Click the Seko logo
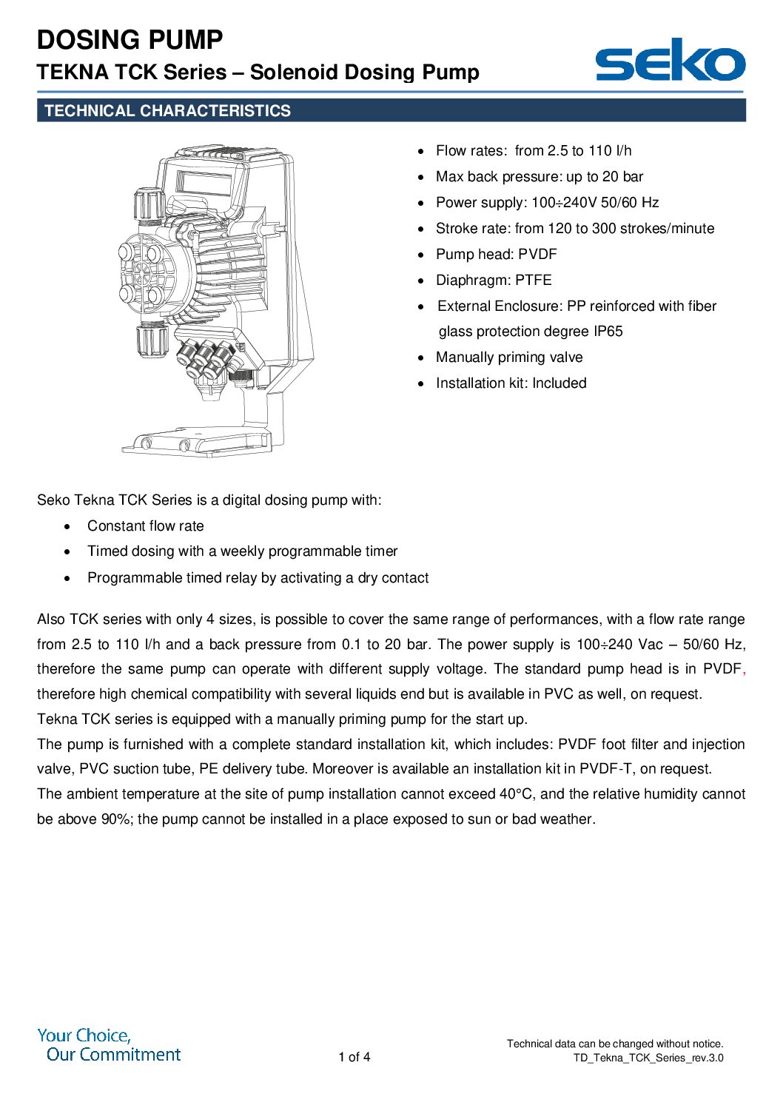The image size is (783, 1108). point(670,60)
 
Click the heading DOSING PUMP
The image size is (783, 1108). point(130,40)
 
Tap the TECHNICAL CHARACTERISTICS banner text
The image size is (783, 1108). point(167,111)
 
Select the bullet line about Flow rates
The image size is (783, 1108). point(533,151)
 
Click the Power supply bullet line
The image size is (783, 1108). point(546,203)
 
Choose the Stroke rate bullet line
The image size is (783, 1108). point(574,229)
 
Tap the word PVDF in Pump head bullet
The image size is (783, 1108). point(537,255)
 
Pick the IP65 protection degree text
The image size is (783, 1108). point(608,332)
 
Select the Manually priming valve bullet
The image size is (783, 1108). point(508,357)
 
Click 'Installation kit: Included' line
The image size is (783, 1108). point(511,383)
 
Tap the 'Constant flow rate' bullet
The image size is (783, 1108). point(145,526)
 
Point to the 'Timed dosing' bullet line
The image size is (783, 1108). point(242,551)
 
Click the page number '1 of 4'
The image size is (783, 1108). point(354,1057)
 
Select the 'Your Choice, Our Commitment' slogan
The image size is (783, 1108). point(109,1045)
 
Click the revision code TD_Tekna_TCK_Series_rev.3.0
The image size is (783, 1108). point(648,1058)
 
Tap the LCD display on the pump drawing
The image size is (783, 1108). point(204,182)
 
